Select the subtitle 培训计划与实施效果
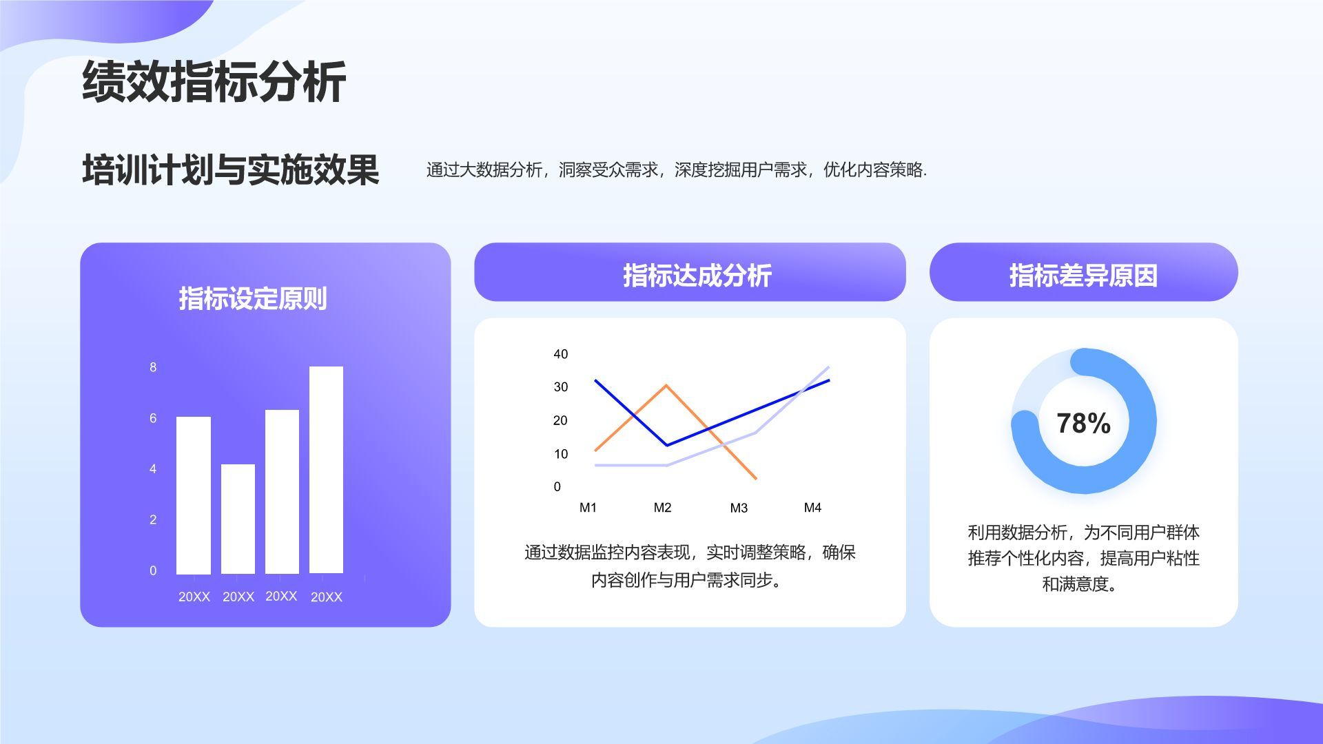[231, 169]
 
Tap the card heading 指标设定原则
[253, 298]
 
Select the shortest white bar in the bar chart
[238, 518]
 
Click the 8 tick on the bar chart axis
[153, 367]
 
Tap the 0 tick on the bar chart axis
[153, 570]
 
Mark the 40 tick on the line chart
[561, 354]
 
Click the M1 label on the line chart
[588, 508]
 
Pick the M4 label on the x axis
[812, 508]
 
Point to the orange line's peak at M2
[666, 385]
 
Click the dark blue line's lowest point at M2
[666, 445]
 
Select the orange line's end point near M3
[756, 478]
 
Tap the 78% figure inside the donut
[1083, 423]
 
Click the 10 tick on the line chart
[561, 454]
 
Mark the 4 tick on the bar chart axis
[153, 468]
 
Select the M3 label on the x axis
[739, 508]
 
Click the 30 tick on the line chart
[561, 387]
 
